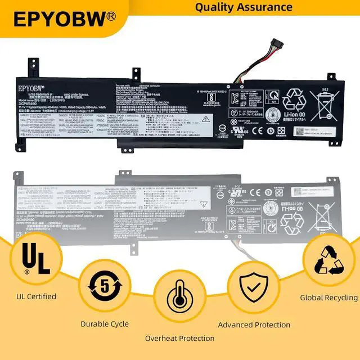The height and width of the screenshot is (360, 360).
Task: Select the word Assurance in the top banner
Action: click(x=266, y=7)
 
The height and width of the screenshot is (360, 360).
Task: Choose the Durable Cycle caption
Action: click(x=105, y=324)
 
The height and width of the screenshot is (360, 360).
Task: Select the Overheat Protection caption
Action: click(x=179, y=338)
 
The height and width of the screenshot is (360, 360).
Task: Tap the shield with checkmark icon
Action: click(x=255, y=290)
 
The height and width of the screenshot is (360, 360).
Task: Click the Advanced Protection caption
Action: click(x=254, y=325)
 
